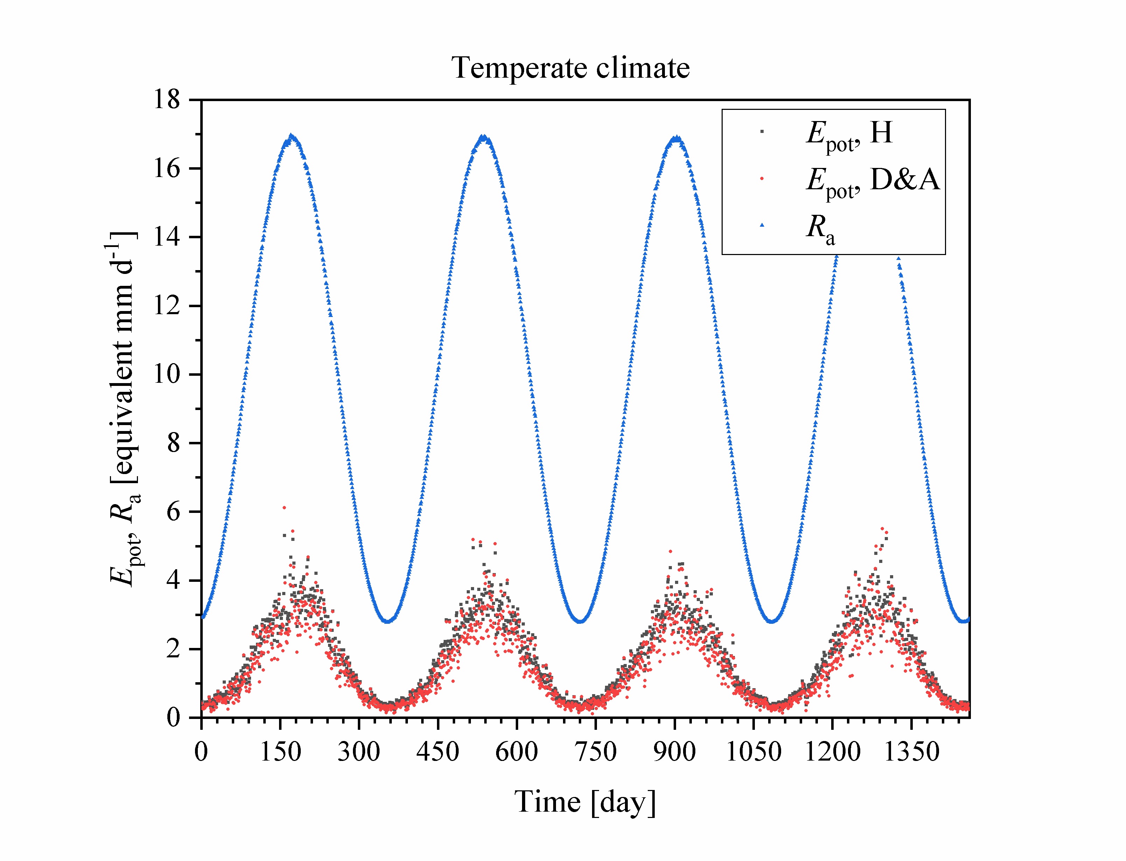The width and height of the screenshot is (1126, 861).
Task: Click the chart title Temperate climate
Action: [570, 68]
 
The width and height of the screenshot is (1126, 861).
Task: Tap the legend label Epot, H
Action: [849, 134]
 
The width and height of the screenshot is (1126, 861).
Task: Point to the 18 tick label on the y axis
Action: [167, 99]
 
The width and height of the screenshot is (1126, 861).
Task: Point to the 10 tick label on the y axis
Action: [167, 375]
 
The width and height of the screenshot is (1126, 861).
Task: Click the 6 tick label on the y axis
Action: [173, 512]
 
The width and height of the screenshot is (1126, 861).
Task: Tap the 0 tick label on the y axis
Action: [173, 718]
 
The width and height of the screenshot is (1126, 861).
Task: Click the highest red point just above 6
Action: [284, 507]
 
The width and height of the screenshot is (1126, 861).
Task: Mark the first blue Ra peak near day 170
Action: [292, 136]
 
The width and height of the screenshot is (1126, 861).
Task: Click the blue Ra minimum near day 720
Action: [580, 621]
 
